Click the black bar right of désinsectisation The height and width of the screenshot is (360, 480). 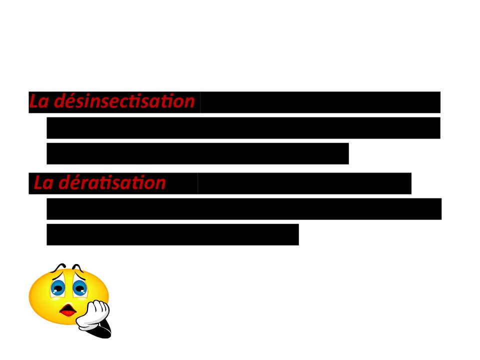[x=320, y=102]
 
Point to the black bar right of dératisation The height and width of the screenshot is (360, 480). [x=304, y=183]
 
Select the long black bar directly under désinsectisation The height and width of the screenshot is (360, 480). [x=243, y=128]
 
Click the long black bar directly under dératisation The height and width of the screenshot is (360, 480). [x=243, y=209]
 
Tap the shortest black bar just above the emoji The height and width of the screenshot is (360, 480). [x=172, y=234]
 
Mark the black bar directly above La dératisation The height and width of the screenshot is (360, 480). [x=197, y=153]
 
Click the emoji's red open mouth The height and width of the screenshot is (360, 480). [x=67, y=311]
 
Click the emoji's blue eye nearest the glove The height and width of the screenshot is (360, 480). [x=79, y=288]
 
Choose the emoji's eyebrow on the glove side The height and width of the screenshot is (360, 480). [x=77, y=267]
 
